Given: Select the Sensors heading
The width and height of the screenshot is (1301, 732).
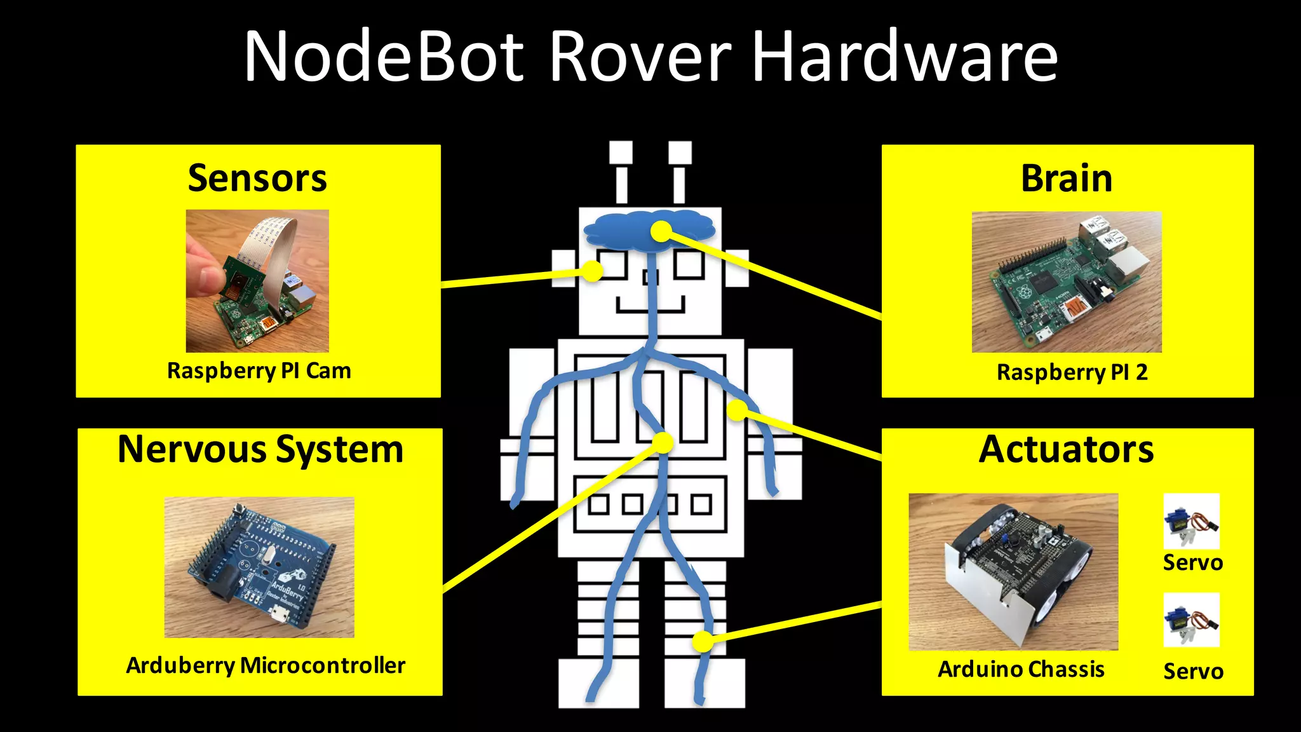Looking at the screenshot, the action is coord(257,178).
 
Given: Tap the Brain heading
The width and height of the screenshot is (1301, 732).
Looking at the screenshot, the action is coord(1067,178).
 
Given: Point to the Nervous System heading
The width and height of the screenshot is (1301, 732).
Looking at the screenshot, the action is coord(260,449).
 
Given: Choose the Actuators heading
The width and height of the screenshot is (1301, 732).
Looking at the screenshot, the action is coord(1066,449).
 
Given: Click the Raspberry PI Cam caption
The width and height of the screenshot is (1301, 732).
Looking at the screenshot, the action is coord(259,370).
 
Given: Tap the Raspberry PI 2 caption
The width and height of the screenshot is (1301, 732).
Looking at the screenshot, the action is coord(1072,372).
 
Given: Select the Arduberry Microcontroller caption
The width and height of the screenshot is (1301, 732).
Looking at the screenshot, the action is coord(266,665).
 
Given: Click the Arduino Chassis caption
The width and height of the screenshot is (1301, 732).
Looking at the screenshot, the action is coord(1021,669).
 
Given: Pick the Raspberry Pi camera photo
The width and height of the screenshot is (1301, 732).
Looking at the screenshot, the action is coord(257,281).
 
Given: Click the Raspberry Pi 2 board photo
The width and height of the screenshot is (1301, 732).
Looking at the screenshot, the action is coord(1067,281).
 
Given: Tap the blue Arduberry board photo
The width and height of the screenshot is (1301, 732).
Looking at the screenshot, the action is coord(259,567).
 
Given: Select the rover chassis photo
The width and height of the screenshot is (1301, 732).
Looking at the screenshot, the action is coord(1013,572).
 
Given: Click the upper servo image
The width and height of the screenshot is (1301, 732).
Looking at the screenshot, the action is coord(1191,521).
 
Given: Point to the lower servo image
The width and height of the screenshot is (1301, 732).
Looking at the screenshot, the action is coord(1191,620).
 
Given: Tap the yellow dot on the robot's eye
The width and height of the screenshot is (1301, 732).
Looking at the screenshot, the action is coord(592,271).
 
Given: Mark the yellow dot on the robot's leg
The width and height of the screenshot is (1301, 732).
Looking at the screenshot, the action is coord(703,641).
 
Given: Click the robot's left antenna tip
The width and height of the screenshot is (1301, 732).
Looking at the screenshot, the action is coord(621,153).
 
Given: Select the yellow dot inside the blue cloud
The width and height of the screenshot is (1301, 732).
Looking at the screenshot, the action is coord(661,231).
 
